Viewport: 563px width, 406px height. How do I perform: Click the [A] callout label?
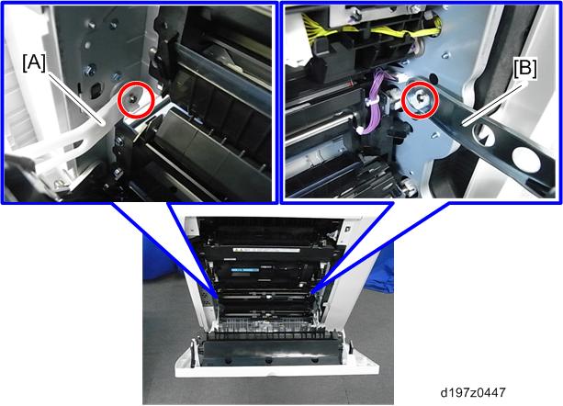(34, 64)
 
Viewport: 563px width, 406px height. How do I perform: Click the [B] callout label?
(525, 69)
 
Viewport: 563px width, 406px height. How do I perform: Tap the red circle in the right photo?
(420, 100)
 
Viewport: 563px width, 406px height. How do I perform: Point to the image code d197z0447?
(472, 392)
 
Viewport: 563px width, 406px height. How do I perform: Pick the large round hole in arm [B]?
(526, 161)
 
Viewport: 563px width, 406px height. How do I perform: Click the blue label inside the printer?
(245, 269)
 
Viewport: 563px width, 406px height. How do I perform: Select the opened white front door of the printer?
(276, 355)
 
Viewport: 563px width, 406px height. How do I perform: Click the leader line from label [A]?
(76, 98)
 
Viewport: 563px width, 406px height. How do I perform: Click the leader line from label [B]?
(495, 102)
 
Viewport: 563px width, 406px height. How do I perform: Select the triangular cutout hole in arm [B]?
(481, 135)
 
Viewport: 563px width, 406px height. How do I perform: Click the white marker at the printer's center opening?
(268, 298)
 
